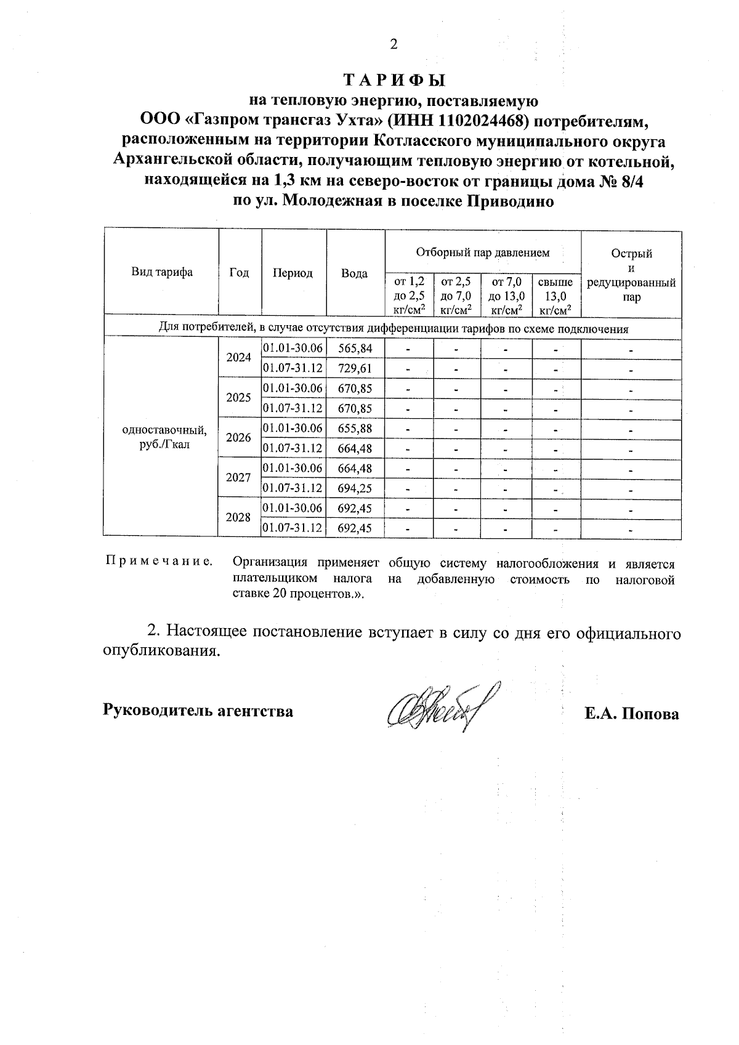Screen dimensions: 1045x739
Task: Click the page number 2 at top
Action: pos(394,44)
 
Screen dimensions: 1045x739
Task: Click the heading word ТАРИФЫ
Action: pos(394,81)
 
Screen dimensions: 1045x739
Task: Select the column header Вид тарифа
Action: pos(161,272)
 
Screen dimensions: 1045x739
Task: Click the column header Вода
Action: pos(355,273)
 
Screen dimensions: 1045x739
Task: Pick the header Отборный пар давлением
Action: pos(483,252)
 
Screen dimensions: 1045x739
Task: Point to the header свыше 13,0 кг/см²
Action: pos(555,296)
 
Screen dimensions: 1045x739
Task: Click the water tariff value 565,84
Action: pos(355,349)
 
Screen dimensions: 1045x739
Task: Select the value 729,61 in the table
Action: pos(355,368)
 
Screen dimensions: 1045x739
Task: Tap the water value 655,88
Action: pos(355,428)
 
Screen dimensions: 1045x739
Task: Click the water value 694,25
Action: pos(355,488)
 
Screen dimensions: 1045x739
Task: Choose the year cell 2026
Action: pos(239,438)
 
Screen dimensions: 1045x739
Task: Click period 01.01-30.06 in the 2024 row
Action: pos(293,349)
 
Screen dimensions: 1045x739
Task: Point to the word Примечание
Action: pos(159,562)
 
